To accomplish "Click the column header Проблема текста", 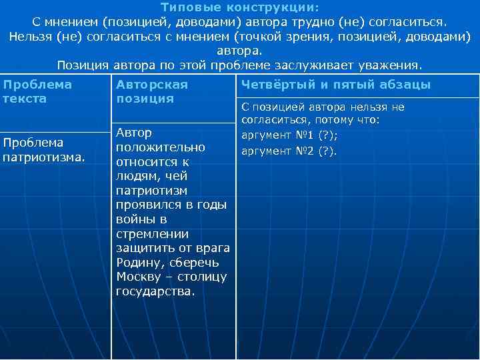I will tap(38, 91).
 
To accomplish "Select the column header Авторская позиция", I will tap(152, 91).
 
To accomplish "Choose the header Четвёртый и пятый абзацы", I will tap(335, 85).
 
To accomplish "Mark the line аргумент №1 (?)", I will tap(289, 135).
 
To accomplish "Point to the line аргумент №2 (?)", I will tap(289, 150).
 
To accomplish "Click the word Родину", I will tap(139, 262).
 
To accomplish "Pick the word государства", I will tap(155, 291).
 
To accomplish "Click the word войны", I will tap(132, 219).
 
